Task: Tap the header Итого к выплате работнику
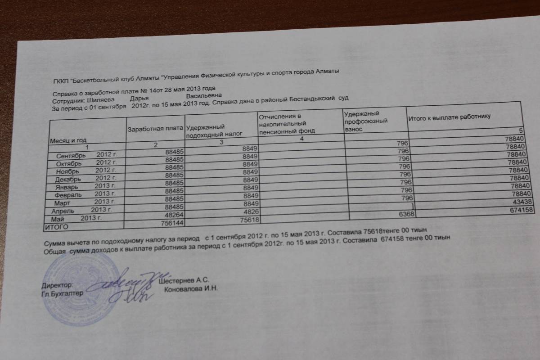(x=449, y=118)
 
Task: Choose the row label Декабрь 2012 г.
(x=84, y=179)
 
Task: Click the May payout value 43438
(x=524, y=202)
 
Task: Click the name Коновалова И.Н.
(x=191, y=289)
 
